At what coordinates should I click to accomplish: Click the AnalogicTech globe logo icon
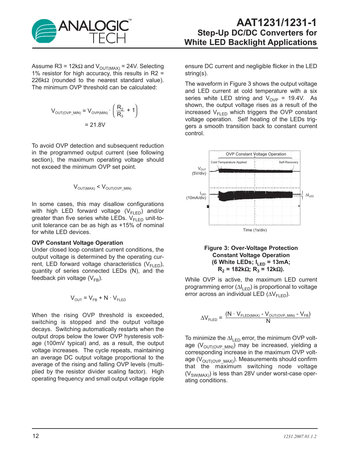(x=44, y=31)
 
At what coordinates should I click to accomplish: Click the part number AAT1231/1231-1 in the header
(x=276, y=22)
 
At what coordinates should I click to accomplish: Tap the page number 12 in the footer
(x=36, y=436)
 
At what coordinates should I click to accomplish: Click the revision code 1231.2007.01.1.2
(x=300, y=436)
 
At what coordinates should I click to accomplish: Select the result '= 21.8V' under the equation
(x=95, y=125)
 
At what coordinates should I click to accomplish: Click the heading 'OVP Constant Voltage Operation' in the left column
(x=77, y=243)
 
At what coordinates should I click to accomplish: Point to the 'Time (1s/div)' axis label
(x=255, y=230)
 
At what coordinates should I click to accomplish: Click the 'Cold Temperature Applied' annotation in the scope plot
(x=228, y=162)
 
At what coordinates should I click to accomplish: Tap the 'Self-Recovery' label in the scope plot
(x=288, y=162)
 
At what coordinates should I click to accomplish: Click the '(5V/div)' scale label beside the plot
(x=199, y=173)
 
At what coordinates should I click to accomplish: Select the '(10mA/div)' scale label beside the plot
(x=196, y=198)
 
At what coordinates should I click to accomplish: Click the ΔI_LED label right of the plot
(x=310, y=195)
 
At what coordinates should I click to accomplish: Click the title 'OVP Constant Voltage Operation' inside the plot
(x=256, y=154)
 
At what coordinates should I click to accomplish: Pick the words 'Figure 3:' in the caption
(x=217, y=248)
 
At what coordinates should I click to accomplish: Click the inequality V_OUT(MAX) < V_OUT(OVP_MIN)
(x=102, y=187)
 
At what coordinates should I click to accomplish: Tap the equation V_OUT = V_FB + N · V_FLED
(x=98, y=298)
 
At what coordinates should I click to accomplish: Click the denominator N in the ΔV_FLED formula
(x=268, y=321)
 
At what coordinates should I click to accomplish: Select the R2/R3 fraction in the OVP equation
(x=120, y=111)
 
